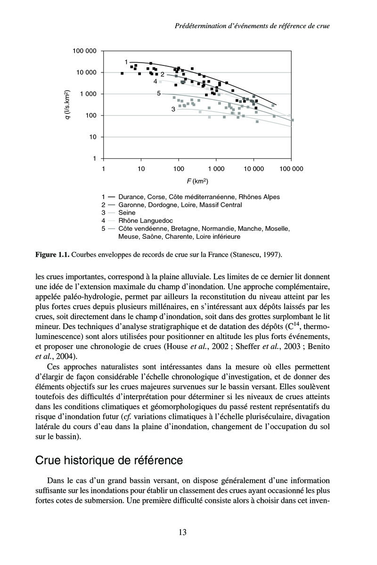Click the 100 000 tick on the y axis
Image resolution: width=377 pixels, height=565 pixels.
tap(85, 51)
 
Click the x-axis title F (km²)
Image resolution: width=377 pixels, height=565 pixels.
tap(197, 180)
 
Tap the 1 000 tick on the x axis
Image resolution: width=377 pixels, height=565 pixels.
tap(216, 169)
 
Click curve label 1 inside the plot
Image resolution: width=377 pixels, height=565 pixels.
tap(126, 62)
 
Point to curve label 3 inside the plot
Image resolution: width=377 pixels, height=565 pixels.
tap(173, 109)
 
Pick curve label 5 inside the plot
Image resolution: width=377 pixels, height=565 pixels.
tap(159, 94)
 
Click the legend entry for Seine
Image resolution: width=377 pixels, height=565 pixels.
tap(127, 213)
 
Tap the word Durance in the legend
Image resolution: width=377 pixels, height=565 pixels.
tap(132, 197)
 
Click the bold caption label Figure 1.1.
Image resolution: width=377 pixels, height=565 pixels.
tap(52, 255)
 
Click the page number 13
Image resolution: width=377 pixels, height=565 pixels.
tap(182, 533)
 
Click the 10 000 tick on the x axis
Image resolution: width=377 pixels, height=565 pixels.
tap(254, 169)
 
